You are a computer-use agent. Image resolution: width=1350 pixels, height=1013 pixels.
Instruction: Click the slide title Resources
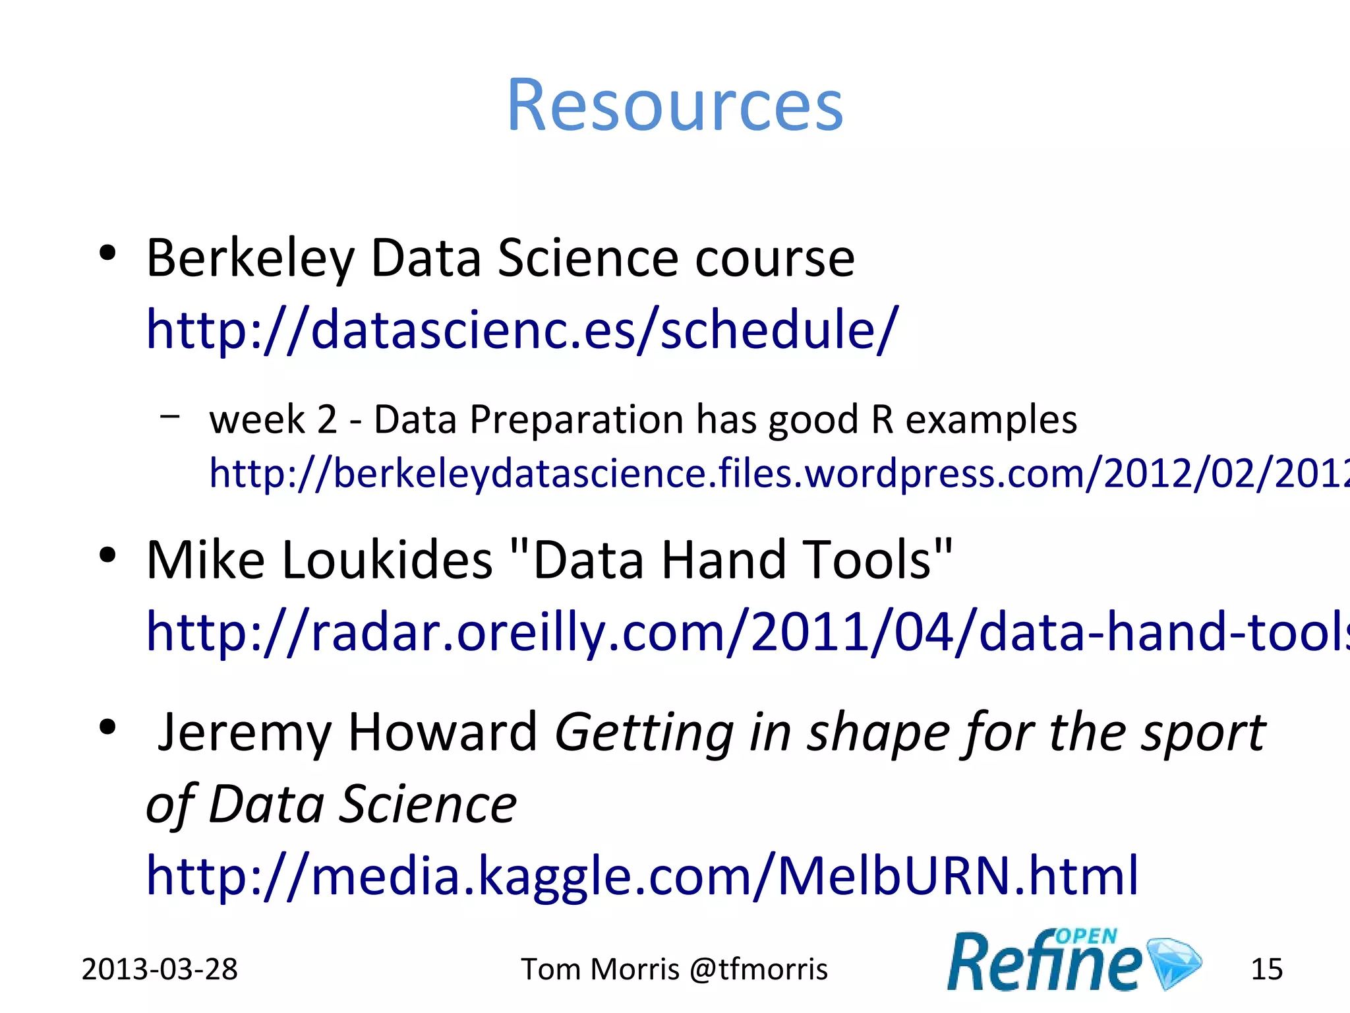click(x=674, y=106)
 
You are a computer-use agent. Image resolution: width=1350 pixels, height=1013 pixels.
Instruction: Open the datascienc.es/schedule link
click(x=521, y=330)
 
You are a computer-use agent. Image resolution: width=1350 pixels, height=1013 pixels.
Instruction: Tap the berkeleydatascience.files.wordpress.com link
click(x=778, y=474)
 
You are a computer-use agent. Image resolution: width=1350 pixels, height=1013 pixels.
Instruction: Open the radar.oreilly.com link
click(x=745, y=632)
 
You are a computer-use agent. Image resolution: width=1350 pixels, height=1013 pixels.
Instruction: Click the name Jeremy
click(x=244, y=733)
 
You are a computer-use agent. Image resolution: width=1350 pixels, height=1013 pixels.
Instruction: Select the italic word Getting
click(x=643, y=733)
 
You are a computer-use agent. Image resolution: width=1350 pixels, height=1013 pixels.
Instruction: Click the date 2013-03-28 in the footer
click(x=159, y=969)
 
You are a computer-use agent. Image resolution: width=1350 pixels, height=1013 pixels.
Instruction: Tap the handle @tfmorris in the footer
click(x=758, y=969)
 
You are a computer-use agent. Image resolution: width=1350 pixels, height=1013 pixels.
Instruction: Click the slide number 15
click(x=1266, y=969)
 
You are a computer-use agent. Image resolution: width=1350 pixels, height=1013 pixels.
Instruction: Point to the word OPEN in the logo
click(x=1086, y=936)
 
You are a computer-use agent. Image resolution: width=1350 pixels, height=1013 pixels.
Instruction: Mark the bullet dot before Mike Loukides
click(x=107, y=555)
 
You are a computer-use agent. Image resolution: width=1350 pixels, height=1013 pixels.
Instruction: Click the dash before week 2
click(x=169, y=416)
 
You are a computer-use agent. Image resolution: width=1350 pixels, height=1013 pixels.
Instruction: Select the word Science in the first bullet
click(x=587, y=259)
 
